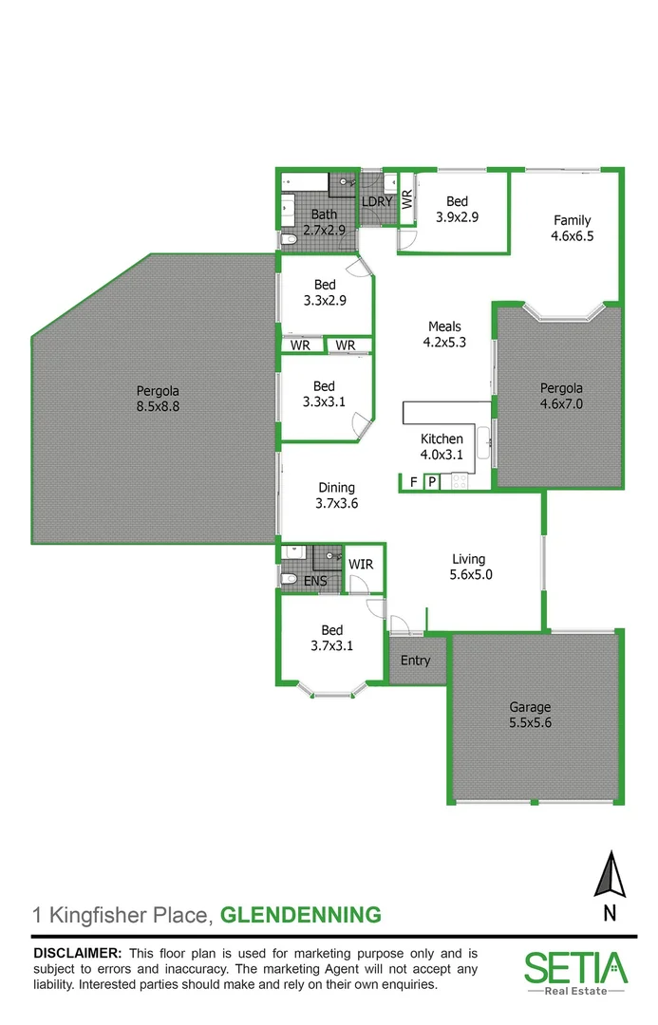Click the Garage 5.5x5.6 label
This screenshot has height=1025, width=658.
(x=529, y=715)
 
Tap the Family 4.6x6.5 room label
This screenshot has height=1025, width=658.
(x=572, y=229)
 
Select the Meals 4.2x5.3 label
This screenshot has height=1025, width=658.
(x=444, y=335)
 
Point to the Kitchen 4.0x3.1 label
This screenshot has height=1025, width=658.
(x=442, y=447)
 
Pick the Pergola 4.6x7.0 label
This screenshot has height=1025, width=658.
(x=560, y=396)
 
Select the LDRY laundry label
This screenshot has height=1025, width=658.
(x=376, y=201)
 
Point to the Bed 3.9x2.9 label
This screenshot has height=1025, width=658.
(x=457, y=209)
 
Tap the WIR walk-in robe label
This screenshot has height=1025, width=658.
(x=361, y=565)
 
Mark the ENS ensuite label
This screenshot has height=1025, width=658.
(x=314, y=581)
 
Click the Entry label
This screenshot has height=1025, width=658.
(x=415, y=661)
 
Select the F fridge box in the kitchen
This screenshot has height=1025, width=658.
(x=414, y=482)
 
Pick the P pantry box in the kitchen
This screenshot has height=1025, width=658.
(x=431, y=482)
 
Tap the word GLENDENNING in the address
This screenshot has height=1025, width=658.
(x=300, y=915)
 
